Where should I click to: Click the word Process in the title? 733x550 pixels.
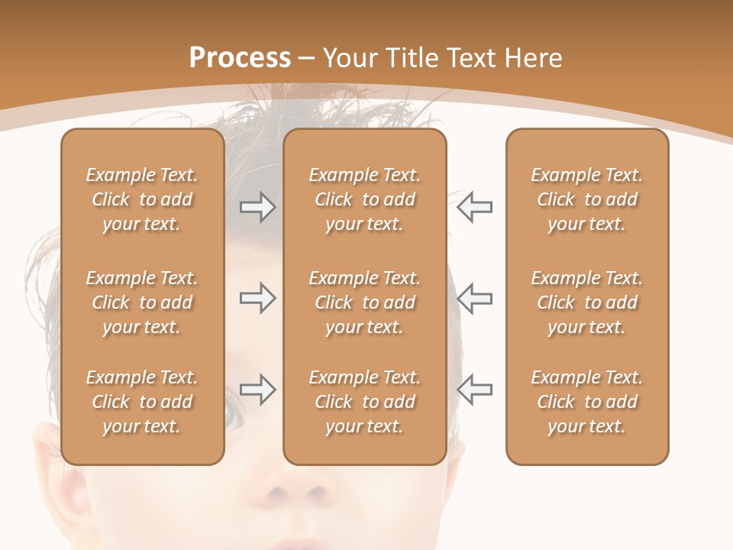(240, 58)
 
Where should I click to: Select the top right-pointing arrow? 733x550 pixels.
(257, 207)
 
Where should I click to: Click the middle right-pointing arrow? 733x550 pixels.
(257, 299)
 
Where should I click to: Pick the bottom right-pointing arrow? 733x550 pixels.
(257, 390)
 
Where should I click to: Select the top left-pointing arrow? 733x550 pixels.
(474, 207)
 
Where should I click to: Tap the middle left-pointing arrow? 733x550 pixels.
(474, 299)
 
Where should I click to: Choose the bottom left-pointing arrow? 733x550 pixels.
(474, 390)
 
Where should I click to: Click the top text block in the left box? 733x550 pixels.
(142, 199)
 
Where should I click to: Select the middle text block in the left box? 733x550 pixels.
(142, 302)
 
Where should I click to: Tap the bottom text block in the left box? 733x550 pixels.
(142, 402)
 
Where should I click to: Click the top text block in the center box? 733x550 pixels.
(365, 199)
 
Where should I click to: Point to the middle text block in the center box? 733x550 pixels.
(365, 302)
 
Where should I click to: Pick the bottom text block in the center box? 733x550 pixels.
(365, 402)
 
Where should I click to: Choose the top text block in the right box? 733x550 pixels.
(587, 199)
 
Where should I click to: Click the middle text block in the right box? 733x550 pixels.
(587, 302)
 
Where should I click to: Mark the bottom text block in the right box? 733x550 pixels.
(587, 402)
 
